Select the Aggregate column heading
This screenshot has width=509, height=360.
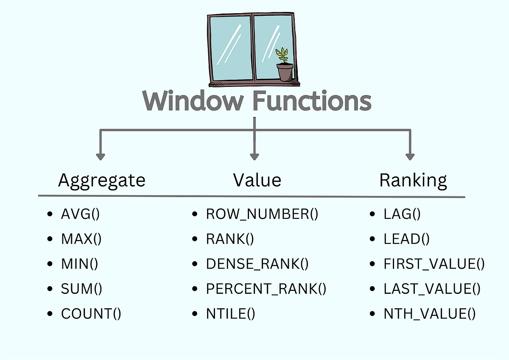tap(102, 180)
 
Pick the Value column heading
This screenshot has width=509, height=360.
tap(257, 180)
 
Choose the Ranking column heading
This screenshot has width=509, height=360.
tap(413, 180)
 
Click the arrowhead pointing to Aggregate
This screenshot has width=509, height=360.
tap(100, 156)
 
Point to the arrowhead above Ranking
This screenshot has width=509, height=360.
tap(410, 156)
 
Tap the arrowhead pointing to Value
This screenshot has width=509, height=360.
tap(254, 156)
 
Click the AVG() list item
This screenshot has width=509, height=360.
tap(80, 214)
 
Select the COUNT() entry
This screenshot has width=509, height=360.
tap(91, 314)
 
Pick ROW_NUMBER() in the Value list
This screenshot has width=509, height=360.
tap(262, 214)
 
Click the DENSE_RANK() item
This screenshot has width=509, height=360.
tap(257, 264)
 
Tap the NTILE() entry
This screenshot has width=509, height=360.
tap(230, 314)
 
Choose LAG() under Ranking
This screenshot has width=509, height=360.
tap(402, 214)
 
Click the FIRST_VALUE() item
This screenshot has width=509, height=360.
tap(434, 264)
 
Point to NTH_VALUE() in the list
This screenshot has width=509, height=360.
tap(430, 314)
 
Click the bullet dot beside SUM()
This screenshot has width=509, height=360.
tap(51, 290)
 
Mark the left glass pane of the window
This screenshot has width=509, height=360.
tap(230, 47)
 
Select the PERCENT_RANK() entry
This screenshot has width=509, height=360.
tap(266, 289)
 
